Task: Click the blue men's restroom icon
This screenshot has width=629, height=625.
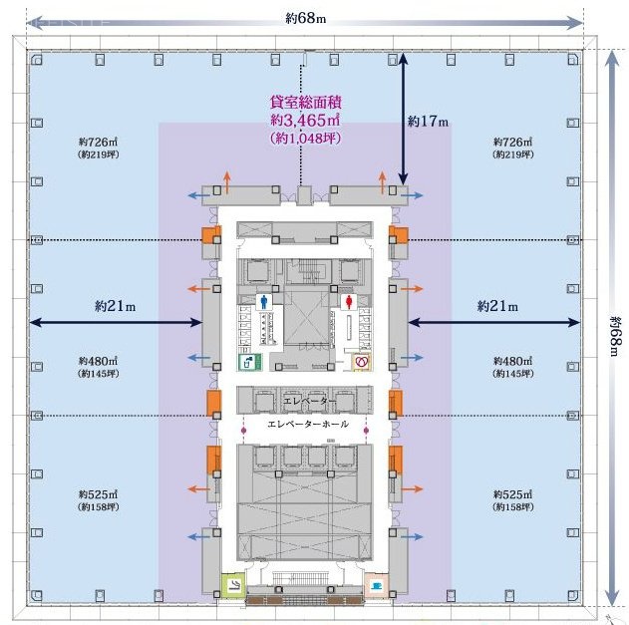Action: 264,298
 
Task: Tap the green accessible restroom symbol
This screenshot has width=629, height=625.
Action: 244,362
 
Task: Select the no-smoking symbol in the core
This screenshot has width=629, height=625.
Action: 363,362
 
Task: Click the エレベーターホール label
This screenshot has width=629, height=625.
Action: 308,424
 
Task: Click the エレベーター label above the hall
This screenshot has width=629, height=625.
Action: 306,401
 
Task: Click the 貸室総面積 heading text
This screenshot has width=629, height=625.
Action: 306,102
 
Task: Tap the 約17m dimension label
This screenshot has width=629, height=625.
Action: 428,121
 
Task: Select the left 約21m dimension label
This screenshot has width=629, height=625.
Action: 109,305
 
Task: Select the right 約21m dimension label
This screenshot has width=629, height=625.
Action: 497,305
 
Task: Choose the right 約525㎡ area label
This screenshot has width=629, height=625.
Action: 513,493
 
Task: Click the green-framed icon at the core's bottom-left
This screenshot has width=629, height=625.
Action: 233,586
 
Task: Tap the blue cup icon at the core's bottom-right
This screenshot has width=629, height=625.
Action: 377,584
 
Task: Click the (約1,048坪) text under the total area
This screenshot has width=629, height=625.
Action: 306,138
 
